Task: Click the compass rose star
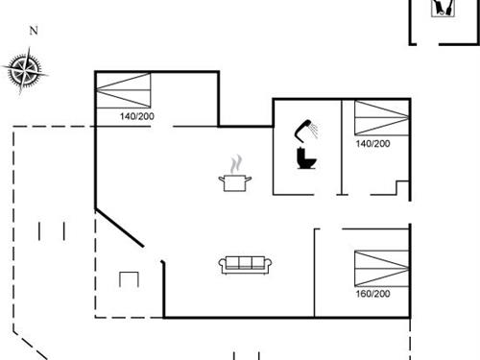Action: click(x=26, y=70)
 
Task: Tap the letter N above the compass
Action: click(x=34, y=31)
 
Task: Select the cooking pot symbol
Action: click(x=236, y=181)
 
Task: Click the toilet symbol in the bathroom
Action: click(x=306, y=158)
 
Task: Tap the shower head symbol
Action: click(x=307, y=129)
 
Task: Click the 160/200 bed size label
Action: click(x=372, y=293)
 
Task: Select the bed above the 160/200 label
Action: click(x=379, y=268)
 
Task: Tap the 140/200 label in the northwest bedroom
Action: click(x=137, y=117)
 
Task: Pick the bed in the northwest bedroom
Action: click(x=125, y=92)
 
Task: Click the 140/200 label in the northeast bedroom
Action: click(x=372, y=143)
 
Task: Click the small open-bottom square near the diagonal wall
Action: click(x=129, y=279)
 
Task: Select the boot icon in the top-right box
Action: click(x=443, y=8)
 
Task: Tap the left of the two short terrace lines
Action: click(x=41, y=230)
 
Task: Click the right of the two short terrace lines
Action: click(x=62, y=230)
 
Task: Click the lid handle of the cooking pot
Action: click(x=236, y=174)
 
